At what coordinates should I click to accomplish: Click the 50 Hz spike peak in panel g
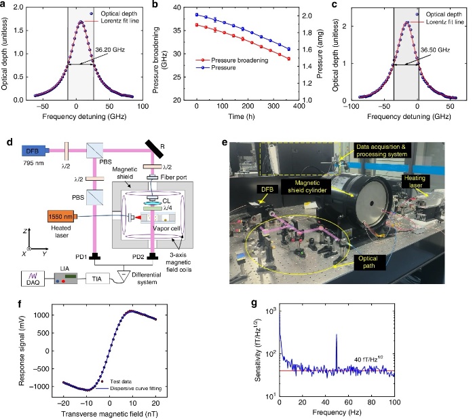[337, 336]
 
